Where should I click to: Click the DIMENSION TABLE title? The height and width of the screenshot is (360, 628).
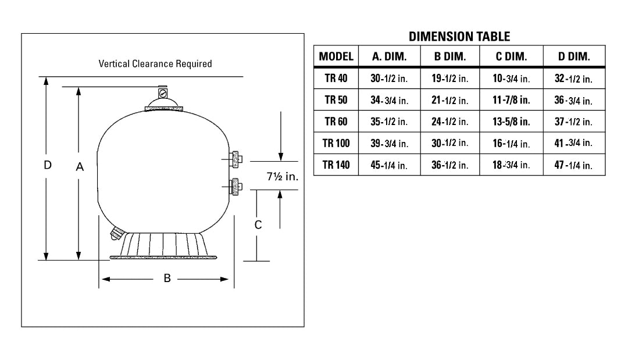tap(459, 37)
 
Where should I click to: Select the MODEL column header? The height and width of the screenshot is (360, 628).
tap(336, 57)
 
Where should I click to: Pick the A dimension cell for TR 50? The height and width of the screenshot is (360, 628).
tap(389, 100)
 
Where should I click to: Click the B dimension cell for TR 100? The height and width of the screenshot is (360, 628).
tap(450, 143)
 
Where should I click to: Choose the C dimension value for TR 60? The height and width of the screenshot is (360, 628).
tap(511, 122)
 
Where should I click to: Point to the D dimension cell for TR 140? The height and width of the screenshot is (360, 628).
tap(573, 165)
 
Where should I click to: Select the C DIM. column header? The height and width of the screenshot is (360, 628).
tap(511, 57)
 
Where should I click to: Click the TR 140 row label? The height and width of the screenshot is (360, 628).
tap(336, 165)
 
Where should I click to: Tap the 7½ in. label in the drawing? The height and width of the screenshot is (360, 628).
tap(282, 177)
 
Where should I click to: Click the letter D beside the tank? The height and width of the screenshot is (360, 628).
tap(48, 165)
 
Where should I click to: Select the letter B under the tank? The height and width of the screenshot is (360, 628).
tap(167, 279)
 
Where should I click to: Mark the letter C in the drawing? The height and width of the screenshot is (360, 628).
tap(259, 224)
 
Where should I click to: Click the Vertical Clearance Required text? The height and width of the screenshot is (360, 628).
tap(155, 63)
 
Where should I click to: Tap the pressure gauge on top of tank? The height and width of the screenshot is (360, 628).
tap(162, 92)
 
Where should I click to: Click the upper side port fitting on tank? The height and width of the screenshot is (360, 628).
tap(235, 158)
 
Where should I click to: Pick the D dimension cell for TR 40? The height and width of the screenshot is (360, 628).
tap(573, 79)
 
